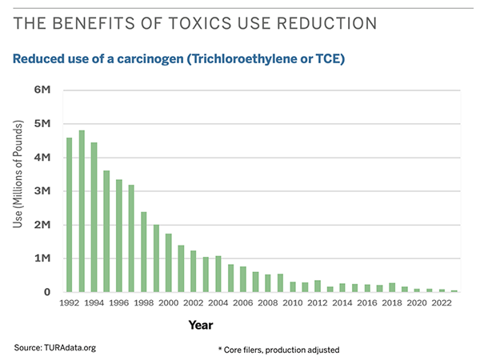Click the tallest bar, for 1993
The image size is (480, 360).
[x=82, y=212]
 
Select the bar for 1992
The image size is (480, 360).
[x=70, y=216]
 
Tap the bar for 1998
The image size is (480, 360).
[x=144, y=252]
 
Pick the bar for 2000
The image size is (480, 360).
[x=169, y=263]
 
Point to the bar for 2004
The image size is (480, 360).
[x=218, y=274]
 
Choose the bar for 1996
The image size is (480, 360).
[x=119, y=236]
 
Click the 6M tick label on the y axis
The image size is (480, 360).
[x=42, y=90]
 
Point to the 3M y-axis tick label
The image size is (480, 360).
[x=42, y=191]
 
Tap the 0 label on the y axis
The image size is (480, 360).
[x=47, y=293]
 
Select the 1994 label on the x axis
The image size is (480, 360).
[x=94, y=304]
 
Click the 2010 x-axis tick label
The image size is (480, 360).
[x=293, y=304]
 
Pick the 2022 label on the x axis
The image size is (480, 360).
[x=442, y=304]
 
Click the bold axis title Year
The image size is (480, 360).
[x=200, y=326]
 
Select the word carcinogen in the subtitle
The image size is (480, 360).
[x=146, y=58]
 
